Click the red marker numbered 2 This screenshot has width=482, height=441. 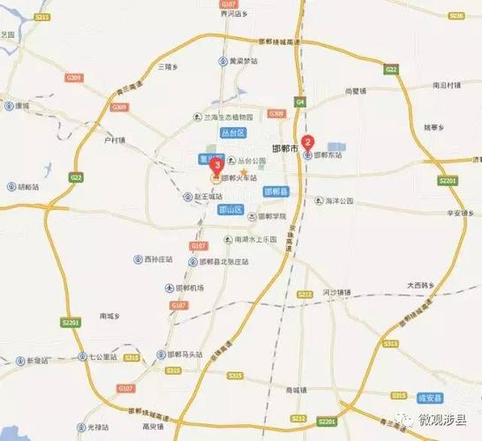[x=308, y=141]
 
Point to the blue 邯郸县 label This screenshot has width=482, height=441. [x=275, y=191]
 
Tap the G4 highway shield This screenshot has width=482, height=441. [x=300, y=101]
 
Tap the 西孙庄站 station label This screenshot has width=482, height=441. [x=159, y=259]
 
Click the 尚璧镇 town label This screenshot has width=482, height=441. [x=356, y=90]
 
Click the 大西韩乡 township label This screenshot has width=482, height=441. [x=423, y=285]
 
